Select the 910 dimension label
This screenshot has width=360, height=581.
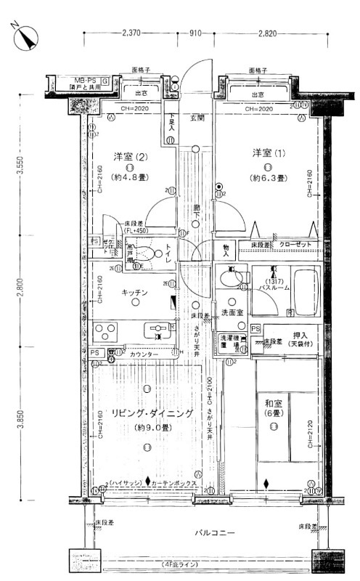195,33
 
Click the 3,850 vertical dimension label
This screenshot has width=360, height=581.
22,419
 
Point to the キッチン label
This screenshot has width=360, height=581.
135,292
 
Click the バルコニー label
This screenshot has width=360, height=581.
214,534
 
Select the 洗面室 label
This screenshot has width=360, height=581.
232,313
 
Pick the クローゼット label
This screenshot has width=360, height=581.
294,245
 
